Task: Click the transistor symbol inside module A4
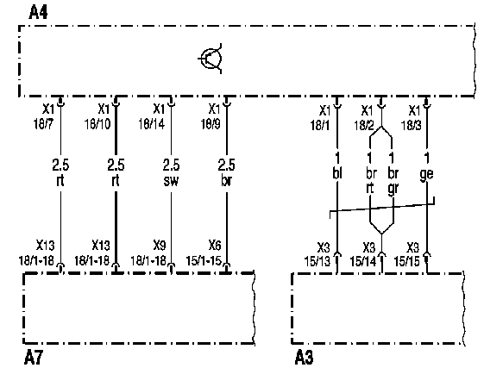[x=211, y=59]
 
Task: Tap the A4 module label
[x=38, y=13]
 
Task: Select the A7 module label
[x=34, y=358]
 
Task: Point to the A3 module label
[x=304, y=358]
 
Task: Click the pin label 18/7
[x=43, y=124]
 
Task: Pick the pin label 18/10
[x=97, y=124]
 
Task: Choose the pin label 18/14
[x=151, y=124]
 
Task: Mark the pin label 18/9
[x=211, y=124]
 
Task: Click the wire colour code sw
[x=171, y=180]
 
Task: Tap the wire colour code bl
[x=337, y=173]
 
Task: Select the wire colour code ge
[x=426, y=175]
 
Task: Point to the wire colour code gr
[x=393, y=189]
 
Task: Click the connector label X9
[x=160, y=246]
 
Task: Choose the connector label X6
[x=215, y=246]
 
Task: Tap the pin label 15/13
[x=317, y=261]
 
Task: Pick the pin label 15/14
[x=363, y=261]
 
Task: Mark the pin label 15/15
[x=407, y=261]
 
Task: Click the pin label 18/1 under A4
[x=320, y=125]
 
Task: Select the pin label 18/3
[x=412, y=125]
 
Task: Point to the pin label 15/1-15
[x=204, y=260]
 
